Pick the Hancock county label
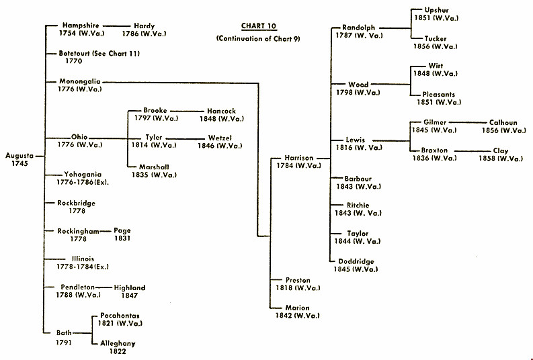[x=222, y=111]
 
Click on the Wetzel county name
[x=220, y=138]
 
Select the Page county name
[x=122, y=230]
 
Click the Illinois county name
[x=83, y=259]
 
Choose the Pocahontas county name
[x=120, y=315]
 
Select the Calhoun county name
[x=503, y=123]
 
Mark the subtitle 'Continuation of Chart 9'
[x=258, y=39]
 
